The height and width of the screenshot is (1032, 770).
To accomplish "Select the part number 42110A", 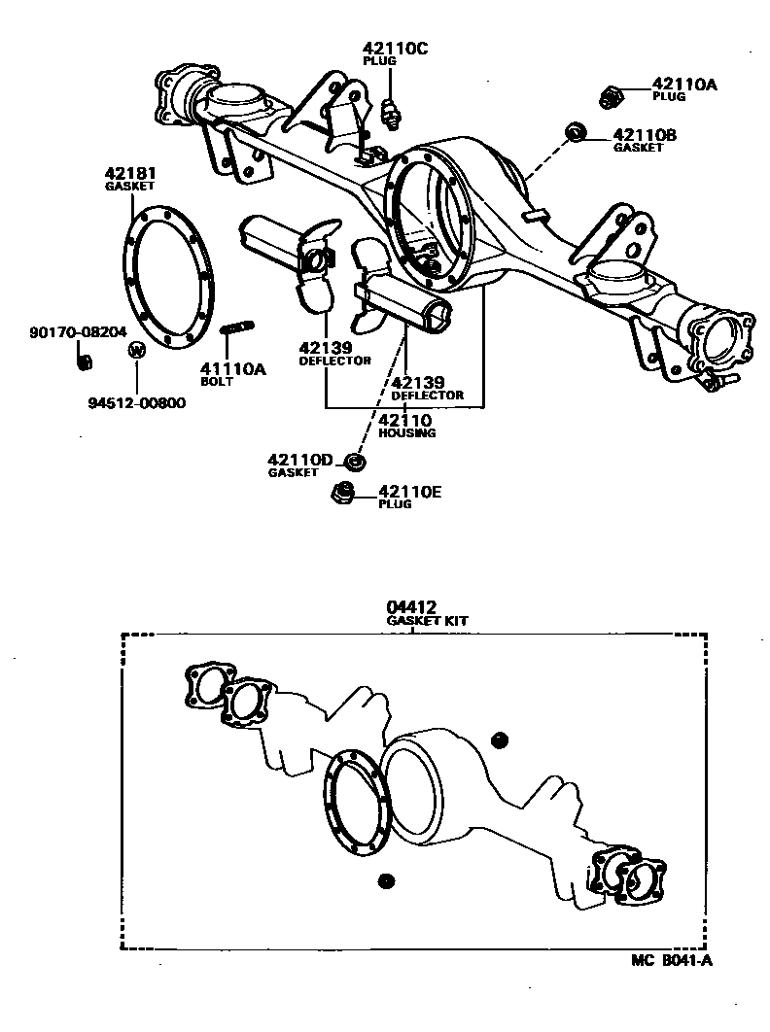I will [x=683, y=85].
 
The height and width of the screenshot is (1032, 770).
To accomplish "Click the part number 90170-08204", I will [x=78, y=332].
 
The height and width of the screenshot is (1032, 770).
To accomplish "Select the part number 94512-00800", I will [x=134, y=402].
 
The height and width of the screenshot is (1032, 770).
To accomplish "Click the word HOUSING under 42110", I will [x=406, y=432].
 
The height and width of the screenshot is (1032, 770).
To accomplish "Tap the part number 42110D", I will [x=299, y=460].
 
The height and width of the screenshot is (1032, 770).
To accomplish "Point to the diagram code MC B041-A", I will [x=671, y=961].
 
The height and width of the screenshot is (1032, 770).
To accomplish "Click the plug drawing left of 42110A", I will [x=610, y=95].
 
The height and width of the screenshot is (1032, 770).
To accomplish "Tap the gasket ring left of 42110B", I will [x=576, y=132].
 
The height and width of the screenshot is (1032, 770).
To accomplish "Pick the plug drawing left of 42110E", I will [x=343, y=493].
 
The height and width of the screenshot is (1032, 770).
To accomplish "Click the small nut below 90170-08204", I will [x=85, y=361].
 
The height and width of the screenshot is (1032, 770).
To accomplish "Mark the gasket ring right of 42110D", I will [x=355, y=461].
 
